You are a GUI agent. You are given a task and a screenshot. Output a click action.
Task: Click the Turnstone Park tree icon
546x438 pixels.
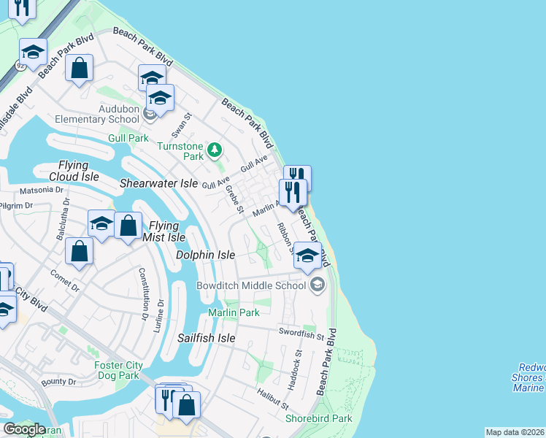tap(214, 150)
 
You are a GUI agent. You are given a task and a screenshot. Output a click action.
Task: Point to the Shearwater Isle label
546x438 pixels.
tap(158, 183)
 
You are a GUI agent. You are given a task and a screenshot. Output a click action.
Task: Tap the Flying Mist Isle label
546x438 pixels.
tap(167, 231)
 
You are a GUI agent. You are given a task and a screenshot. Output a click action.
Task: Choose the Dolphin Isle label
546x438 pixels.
tap(206, 255)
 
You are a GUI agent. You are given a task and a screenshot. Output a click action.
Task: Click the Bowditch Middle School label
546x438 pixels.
tap(250, 285)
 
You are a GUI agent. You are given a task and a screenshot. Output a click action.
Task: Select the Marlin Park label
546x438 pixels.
tap(234, 312)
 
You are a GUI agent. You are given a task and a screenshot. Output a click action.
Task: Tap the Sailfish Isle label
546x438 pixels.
tap(207, 338)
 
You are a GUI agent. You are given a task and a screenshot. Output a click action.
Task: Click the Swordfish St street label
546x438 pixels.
tap(301, 334)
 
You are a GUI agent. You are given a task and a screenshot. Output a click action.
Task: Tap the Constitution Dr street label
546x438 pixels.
tap(144, 293)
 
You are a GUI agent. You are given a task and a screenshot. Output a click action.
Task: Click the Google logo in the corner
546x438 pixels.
tap(24, 429)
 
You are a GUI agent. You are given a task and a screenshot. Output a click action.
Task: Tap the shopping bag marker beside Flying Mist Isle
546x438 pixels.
tap(128, 226)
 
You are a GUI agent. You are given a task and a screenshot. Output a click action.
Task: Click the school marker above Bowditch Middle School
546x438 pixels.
tap(307, 257)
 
